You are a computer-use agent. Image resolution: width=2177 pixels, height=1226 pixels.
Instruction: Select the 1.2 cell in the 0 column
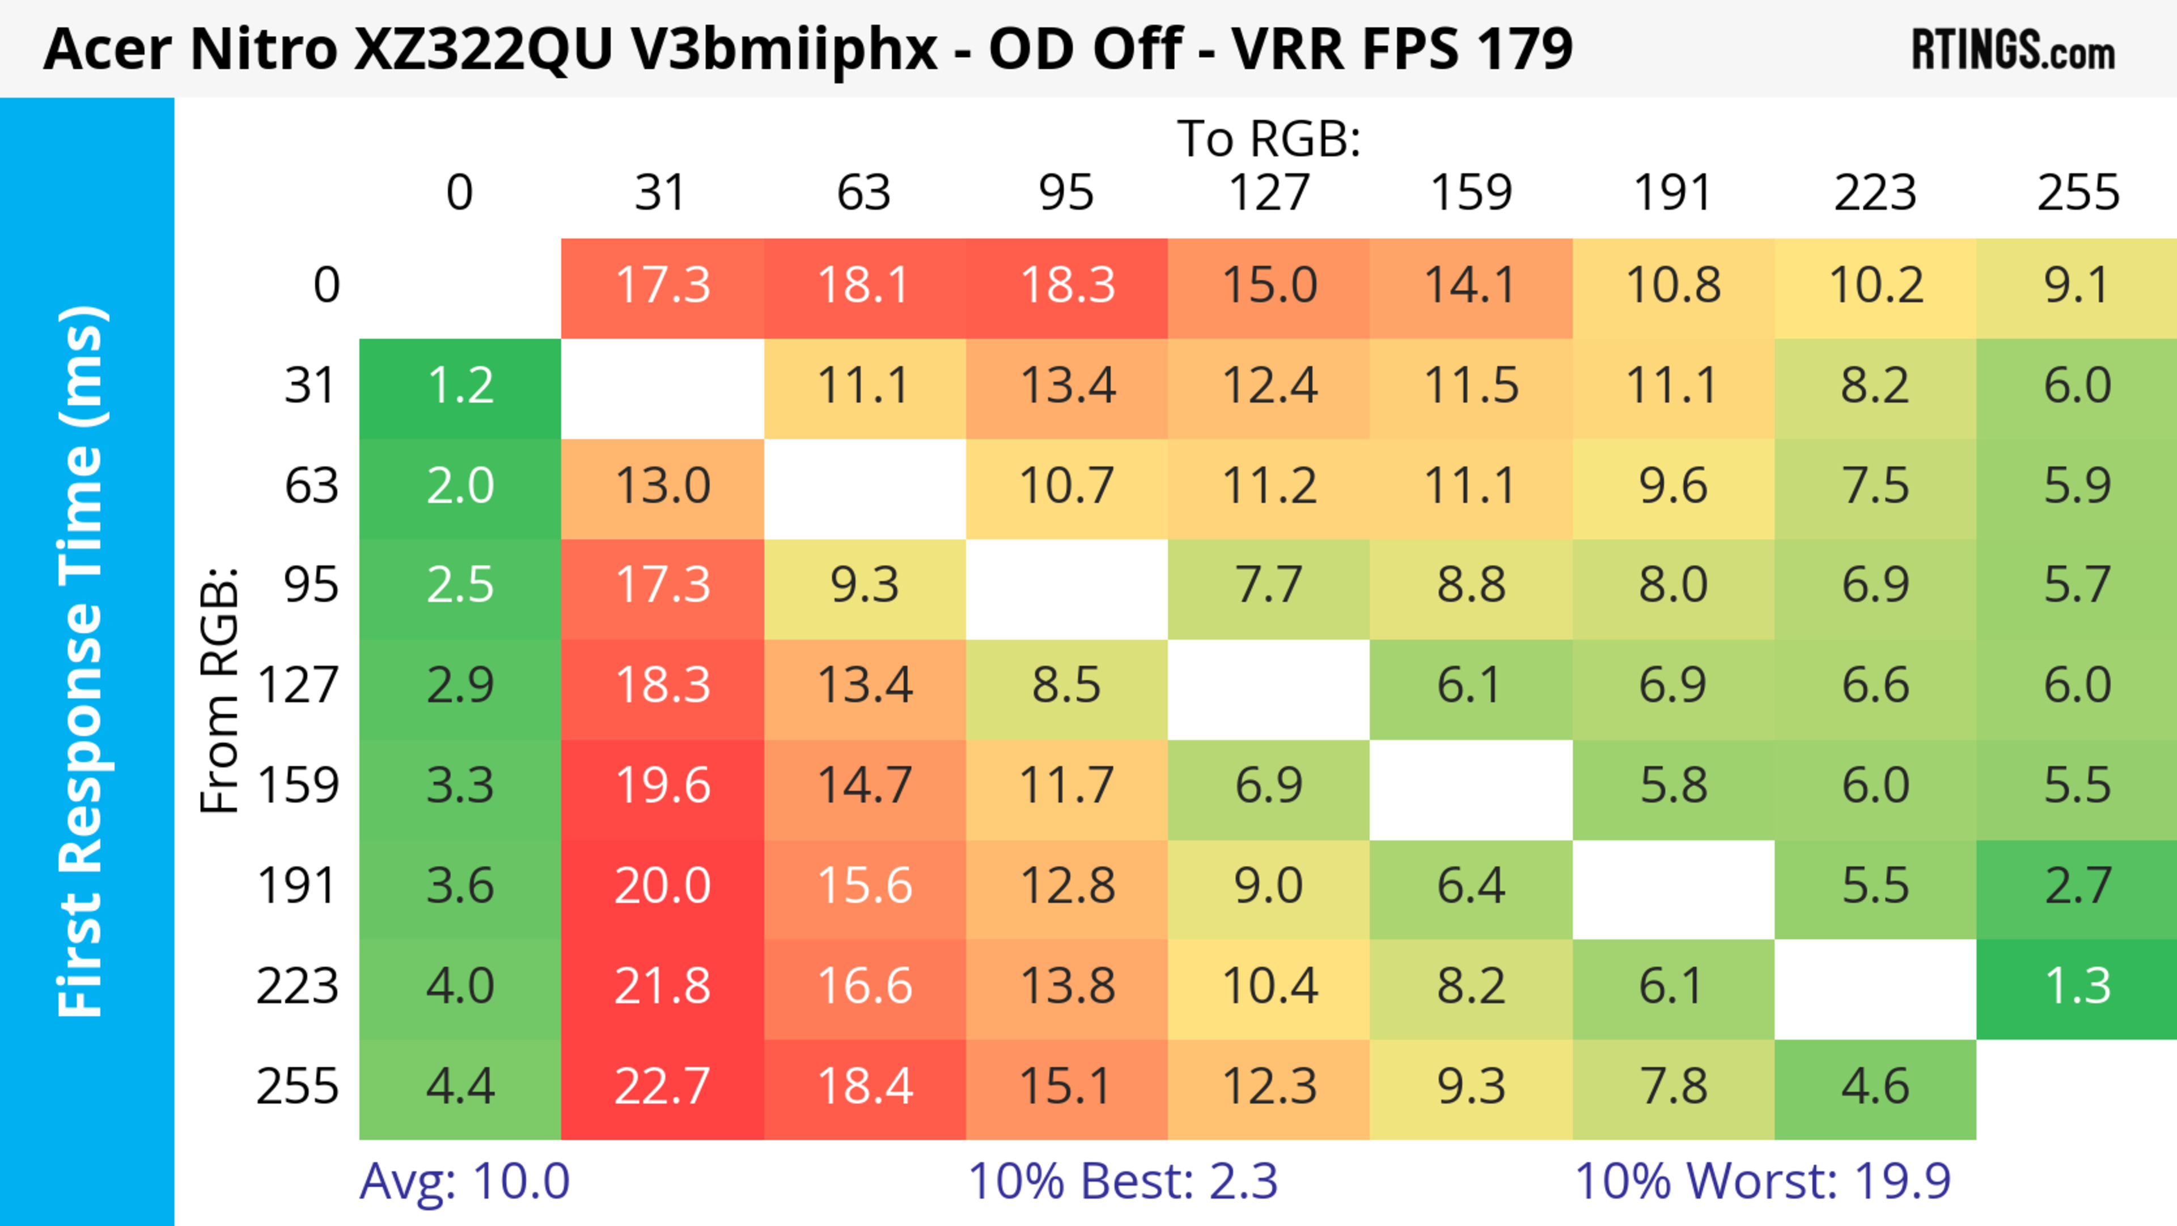click(x=460, y=386)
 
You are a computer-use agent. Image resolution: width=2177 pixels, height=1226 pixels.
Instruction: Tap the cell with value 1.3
click(x=2077, y=987)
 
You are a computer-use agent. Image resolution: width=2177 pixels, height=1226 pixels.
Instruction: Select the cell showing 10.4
click(x=1269, y=987)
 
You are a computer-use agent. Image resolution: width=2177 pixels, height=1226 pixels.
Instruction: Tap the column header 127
click(x=1269, y=193)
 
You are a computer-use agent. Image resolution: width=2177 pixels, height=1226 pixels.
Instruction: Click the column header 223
click(x=1875, y=193)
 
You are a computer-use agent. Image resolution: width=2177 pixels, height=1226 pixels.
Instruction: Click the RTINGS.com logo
click(x=2013, y=50)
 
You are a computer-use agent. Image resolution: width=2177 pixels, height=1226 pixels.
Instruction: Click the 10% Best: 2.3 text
click(x=1123, y=1181)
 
